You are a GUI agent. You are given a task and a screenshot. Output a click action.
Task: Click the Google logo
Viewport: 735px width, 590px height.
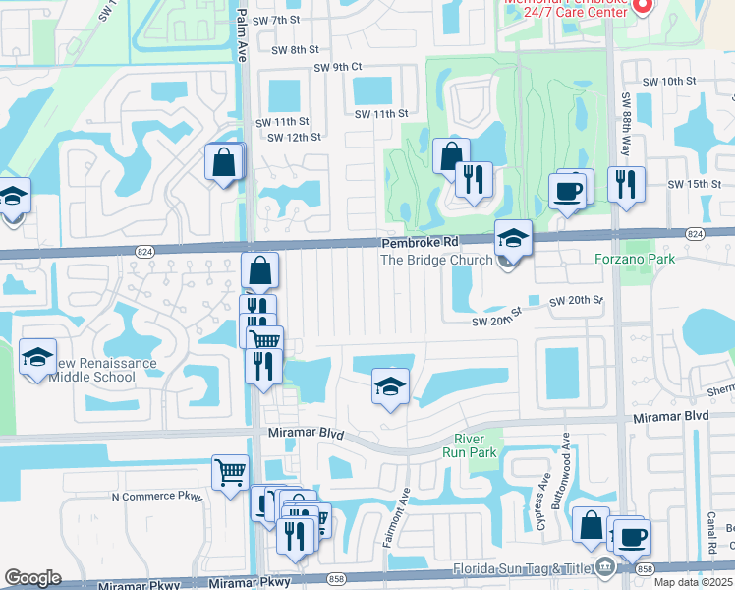[32, 578]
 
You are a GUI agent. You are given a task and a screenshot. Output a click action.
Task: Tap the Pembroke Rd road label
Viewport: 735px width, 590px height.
[420, 242]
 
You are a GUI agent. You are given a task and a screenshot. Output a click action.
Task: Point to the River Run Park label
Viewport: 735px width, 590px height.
[476, 445]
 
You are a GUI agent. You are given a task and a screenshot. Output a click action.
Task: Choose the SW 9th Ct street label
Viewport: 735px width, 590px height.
[338, 67]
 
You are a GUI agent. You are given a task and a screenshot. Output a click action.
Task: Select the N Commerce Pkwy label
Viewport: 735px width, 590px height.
[156, 497]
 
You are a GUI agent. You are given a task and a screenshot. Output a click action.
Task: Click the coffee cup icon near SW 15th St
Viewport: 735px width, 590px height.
[569, 189]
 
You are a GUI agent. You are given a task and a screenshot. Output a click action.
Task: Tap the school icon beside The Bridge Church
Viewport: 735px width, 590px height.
[513, 238]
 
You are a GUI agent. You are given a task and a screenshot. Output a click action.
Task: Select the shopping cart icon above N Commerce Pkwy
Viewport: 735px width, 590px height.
[230, 472]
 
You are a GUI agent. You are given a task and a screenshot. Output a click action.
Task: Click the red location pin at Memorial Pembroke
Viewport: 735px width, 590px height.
[643, 6]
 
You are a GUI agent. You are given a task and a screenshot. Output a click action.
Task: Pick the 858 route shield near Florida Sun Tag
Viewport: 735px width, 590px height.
[645, 569]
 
